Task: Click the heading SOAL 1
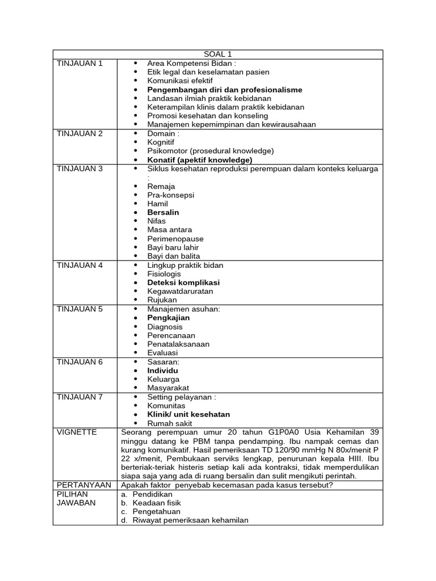(x=217, y=54)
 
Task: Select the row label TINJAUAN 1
(x=80, y=63)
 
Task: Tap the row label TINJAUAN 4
(x=80, y=265)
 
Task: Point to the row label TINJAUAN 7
(x=80, y=397)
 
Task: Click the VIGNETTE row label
(x=77, y=432)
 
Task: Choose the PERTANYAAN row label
(x=83, y=485)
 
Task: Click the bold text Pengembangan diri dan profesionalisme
(x=224, y=90)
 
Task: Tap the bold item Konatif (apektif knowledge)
(x=200, y=160)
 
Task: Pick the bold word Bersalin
(x=163, y=212)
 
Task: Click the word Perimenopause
(x=175, y=239)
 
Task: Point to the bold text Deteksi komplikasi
(x=183, y=283)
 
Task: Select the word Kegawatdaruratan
(x=180, y=291)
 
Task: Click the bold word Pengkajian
(x=169, y=318)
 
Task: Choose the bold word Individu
(x=163, y=371)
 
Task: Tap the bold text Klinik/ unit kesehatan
(x=188, y=414)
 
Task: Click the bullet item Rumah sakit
(x=170, y=423)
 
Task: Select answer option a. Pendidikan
(x=148, y=494)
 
